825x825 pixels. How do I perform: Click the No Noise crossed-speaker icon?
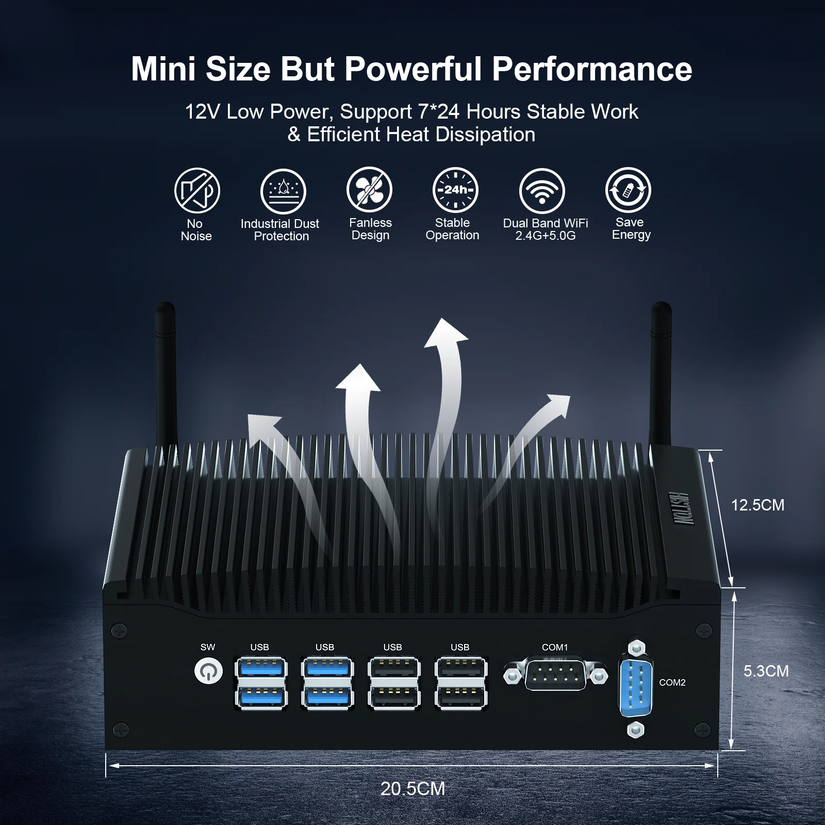point(197,190)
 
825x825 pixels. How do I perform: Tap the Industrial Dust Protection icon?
point(283,191)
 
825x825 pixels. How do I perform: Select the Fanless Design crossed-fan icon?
point(369,189)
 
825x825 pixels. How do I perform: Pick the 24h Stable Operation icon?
point(455,190)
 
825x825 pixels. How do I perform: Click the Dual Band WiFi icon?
point(542,191)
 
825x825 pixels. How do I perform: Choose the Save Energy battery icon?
point(628,190)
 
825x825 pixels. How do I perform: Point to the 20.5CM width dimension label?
point(412,789)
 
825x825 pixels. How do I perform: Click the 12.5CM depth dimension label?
point(757,505)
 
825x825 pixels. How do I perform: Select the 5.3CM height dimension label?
point(766,671)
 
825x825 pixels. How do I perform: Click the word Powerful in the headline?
point(415,69)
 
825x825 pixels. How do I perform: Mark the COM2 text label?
point(672,682)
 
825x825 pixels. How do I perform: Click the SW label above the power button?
point(208,647)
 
